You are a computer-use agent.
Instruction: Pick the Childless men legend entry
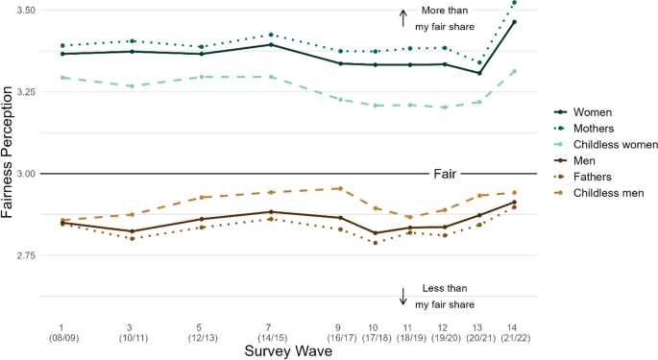coord(602,193)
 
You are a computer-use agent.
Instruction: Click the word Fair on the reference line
coord(443,175)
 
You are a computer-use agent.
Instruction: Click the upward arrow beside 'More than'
coord(403,16)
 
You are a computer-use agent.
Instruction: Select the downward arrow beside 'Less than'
coord(403,296)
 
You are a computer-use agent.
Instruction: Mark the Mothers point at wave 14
coord(515,3)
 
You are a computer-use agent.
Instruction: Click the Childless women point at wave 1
coord(61,77)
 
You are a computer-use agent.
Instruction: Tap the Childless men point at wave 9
coord(339,188)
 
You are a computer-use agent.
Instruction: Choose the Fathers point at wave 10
coord(375,243)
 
